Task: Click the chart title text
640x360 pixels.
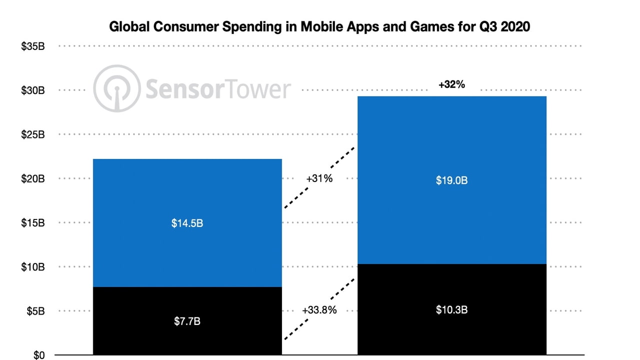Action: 319,26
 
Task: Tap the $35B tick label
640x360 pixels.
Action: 33,46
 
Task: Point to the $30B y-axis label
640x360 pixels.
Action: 33,90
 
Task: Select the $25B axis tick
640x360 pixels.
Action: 33,134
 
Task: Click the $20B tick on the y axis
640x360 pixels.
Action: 33,179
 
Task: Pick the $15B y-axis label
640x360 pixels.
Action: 33,223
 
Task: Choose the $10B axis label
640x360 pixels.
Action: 33,267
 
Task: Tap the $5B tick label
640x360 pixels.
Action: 35,311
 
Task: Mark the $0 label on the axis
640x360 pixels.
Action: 39,355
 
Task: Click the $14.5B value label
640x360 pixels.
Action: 187,223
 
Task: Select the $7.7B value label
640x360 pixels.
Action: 187,321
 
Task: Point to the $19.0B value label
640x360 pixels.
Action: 451,180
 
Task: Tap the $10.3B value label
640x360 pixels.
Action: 451,310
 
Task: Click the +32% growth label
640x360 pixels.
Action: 451,84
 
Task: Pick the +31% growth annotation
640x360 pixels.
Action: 319,178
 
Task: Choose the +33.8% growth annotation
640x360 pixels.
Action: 319,310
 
